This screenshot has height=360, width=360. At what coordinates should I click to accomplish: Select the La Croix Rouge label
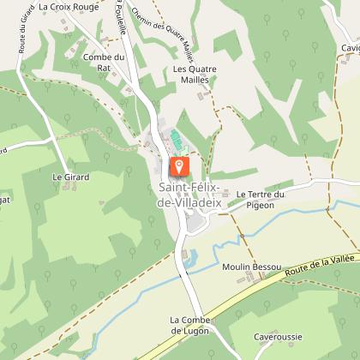point(75,6)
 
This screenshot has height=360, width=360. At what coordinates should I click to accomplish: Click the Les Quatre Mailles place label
point(194,74)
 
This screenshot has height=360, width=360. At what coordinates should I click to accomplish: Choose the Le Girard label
point(70,177)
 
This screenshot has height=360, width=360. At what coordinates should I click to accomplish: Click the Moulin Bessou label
point(252,267)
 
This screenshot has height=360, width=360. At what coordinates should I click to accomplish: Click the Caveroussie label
point(278,338)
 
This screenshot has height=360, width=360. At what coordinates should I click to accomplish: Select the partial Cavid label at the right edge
point(349,48)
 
